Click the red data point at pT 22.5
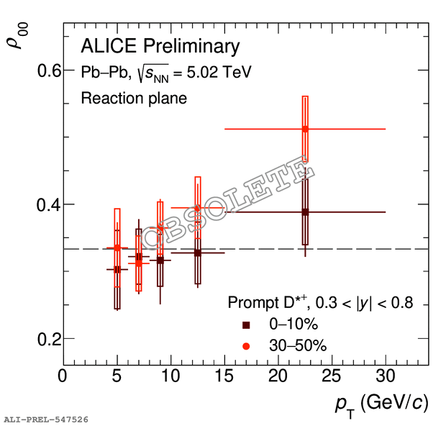[x=305, y=129]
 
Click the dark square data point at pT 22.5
[x=305, y=212]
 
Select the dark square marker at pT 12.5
[x=197, y=253]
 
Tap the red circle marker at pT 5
[x=117, y=248]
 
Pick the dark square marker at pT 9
[x=160, y=260]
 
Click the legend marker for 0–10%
[x=247, y=325]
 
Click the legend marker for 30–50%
[x=247, y=346]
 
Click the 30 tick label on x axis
[x=386, y=376]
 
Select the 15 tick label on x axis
[x=224, y=376]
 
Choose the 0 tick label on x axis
[x=63, y=376]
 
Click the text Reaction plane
[x=134, y=99]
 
